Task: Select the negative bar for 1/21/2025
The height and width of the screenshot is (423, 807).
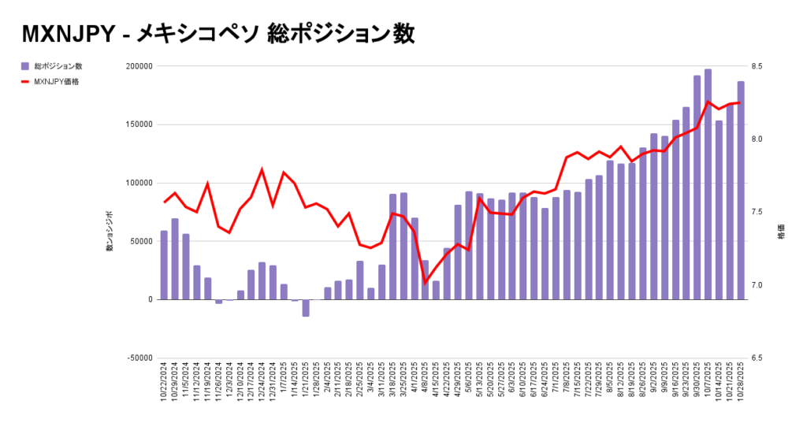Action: tap(306, 308)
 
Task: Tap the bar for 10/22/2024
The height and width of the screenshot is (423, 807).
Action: tap(164, 265)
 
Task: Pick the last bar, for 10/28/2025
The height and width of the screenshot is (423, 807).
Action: tap(741, 190)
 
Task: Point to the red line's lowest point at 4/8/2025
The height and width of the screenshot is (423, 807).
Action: tap(426, 282)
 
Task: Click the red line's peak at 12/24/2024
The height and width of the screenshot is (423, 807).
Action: tap(262, 169)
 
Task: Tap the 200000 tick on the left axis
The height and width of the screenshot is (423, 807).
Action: tap(138, 66)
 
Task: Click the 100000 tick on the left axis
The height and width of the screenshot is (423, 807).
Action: tap(138, 183)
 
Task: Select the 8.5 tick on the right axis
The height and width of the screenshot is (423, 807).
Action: tap(761, 66)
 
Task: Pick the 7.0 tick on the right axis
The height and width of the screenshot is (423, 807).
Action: tap(761, 285)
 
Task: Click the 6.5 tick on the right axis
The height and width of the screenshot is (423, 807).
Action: tap(761, 358)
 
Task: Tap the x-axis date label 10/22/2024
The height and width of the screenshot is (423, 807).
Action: tap(164, 384)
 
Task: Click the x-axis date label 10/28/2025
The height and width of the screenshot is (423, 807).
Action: tap(741, 384)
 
